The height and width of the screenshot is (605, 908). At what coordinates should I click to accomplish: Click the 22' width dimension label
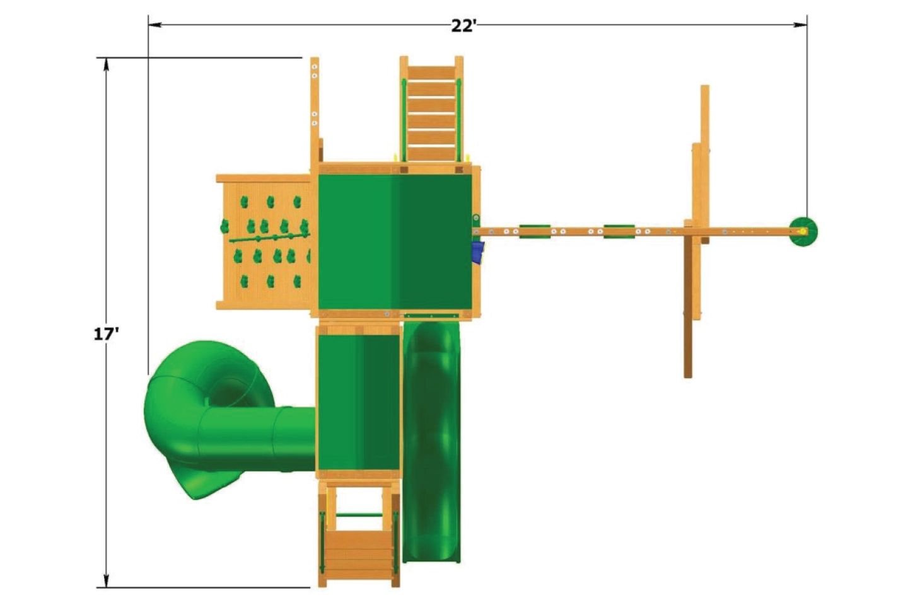point(463,26)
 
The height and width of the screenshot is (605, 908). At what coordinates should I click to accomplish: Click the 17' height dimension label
point(107,334)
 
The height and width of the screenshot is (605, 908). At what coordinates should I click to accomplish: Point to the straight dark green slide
point(432,441)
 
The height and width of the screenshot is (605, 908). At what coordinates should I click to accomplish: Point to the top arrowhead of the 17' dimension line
point(107,64)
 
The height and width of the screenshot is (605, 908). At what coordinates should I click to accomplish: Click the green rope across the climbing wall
point(268,237)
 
